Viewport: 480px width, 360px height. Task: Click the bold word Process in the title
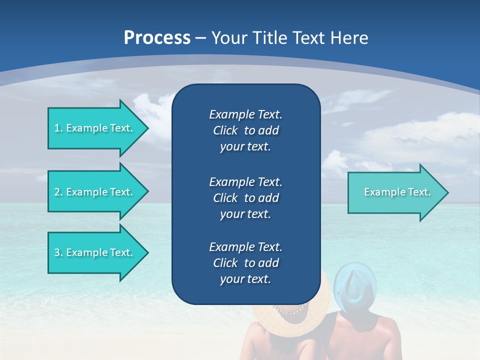(x=157, y=38)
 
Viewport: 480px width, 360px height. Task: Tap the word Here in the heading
(x=348, y=38)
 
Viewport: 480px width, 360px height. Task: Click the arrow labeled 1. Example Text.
(x=95, y=128)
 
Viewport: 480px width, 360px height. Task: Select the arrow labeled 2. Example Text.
(x=95, y=192)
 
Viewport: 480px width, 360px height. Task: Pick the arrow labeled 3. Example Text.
(x=95, y=252)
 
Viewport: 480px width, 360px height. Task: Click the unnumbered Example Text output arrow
(x=395, y=192)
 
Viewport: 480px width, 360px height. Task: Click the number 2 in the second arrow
(x=57, y=192)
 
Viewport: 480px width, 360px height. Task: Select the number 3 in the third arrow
(x=57, y=252)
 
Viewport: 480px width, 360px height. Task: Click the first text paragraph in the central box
(x=245, y=130)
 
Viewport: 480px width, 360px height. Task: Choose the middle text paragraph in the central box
(x=245, y=197)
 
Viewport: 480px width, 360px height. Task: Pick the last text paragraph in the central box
(x=245, y=263)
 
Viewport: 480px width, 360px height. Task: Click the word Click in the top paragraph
(x=225, y=130)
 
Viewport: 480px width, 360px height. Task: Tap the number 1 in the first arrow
(x=56, y=128)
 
